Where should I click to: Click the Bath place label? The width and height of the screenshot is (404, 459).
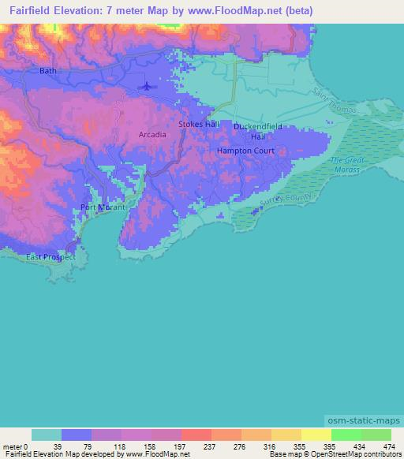click(x=48, y=71)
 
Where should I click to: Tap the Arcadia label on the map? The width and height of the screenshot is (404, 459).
click(x=152, y=135)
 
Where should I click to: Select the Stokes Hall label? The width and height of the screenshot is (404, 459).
click(x=198, y=125)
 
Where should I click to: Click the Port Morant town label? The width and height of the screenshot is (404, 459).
click(x=101, y=208)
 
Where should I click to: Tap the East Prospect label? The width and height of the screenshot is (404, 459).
click(x=50, y=257)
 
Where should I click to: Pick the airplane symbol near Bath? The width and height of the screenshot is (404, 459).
click(x=147, y=86)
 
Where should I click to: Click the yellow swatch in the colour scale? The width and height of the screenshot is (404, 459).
click(x=316, y=435)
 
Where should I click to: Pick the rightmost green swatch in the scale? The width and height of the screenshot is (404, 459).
click(x=376, y=435)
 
